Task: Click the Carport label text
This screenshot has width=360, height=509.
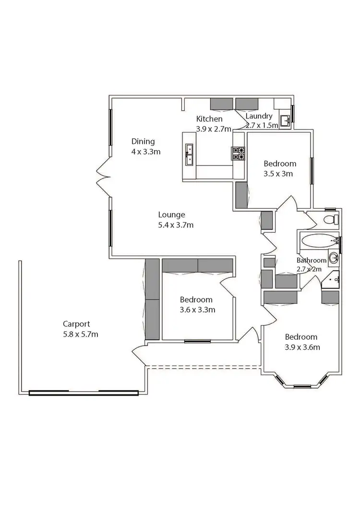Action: [x=76, y=324]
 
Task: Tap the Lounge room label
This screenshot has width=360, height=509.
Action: [x=172, y=215]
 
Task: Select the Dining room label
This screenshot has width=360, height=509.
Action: [x=144, y=142]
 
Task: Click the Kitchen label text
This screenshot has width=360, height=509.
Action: [x=209, y=119]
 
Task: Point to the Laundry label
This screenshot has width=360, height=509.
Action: [x=259, y=116]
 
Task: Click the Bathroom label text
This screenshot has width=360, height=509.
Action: [x=312, y=260]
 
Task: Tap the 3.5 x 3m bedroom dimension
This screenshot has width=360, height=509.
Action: [x=278, y=174]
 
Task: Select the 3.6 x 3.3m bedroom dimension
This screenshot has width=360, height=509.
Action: [x=197, y=310]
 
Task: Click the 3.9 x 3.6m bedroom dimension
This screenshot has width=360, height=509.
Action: [x=302, y=347]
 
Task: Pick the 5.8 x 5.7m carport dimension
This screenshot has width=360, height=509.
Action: [x=81, y=334]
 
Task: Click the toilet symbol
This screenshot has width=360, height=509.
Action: [x=330, y=220]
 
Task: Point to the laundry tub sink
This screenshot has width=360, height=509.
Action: [x=285, y=120]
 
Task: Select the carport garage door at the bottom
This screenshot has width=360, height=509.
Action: [x=84, y=393]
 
